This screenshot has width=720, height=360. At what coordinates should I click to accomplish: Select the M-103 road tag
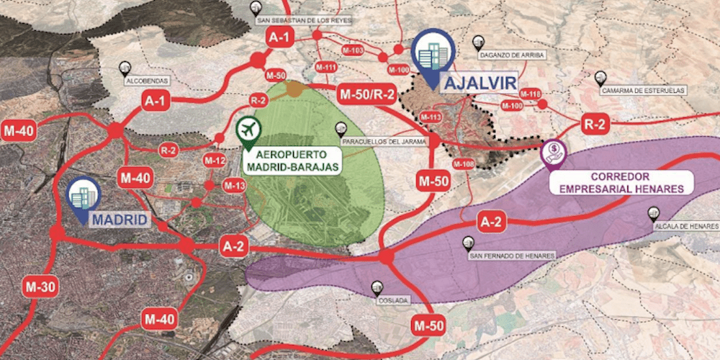click(353, 50)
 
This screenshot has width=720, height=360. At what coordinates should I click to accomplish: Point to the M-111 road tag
click(326, 68)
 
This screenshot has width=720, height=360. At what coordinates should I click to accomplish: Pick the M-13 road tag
click(235, 186)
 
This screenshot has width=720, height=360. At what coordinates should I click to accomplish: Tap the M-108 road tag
click(464, 164)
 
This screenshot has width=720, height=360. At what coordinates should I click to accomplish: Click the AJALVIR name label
click(480, 83)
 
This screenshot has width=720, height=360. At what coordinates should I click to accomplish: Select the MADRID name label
click(119, 219)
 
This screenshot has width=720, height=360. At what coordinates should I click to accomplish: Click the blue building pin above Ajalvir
click(431, 55)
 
